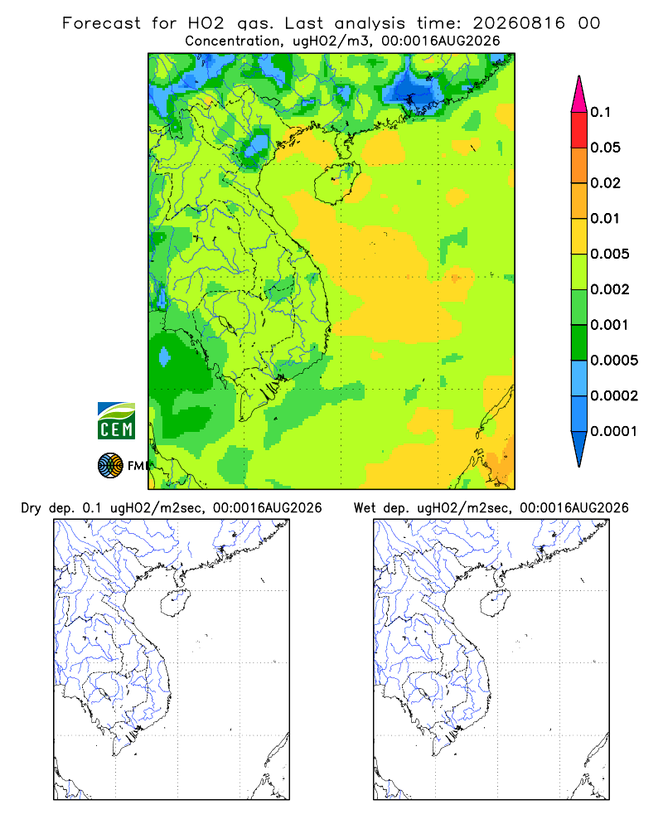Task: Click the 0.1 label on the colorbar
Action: click(600, 112)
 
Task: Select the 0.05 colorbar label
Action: click(605, 148)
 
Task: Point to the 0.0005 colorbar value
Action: click(614, 361)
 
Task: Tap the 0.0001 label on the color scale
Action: click(614, 431)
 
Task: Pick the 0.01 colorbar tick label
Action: click(605, 218)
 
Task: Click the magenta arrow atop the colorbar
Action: click(579, 94)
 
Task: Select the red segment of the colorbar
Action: click(579, 130)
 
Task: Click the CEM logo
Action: click(116, 421)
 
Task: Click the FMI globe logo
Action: click(110, 466)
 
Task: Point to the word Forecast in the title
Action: click(101, 23)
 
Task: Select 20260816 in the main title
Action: click(519, 23)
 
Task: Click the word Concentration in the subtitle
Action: click(233, 41)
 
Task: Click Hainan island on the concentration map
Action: click(337, 183)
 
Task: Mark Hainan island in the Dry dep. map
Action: click(175, 603)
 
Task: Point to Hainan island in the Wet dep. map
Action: click(496, 603)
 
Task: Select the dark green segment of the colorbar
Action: click(579, 342)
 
